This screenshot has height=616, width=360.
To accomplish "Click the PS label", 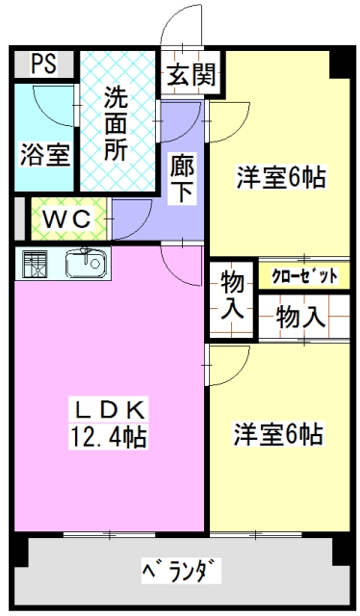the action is tap(43, 64).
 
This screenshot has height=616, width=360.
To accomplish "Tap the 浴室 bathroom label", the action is tap(45, 154).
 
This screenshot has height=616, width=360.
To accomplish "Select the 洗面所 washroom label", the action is tap(116, 124).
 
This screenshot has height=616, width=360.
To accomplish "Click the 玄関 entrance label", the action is tap(192, 75).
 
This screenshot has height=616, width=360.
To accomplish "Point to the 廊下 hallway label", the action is tap(182, 178).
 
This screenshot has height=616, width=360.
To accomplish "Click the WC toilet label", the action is tap(67, 218).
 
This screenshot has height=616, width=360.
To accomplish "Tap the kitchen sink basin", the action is tap(86, 264).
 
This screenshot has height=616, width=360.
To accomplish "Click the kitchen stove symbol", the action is tap(35, 264).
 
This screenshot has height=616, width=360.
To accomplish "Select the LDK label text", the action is tap(108, 411).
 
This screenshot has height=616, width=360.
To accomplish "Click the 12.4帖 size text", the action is tap(108, 437).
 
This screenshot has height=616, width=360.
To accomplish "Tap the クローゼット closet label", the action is tap(304, 277).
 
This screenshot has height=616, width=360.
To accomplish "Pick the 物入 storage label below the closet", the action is tap(300, 317).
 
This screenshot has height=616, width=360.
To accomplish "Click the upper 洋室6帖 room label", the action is tap(281, 177).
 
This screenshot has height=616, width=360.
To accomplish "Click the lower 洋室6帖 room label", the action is tap(278, 434).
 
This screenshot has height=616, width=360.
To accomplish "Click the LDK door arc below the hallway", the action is tap(173, 273).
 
